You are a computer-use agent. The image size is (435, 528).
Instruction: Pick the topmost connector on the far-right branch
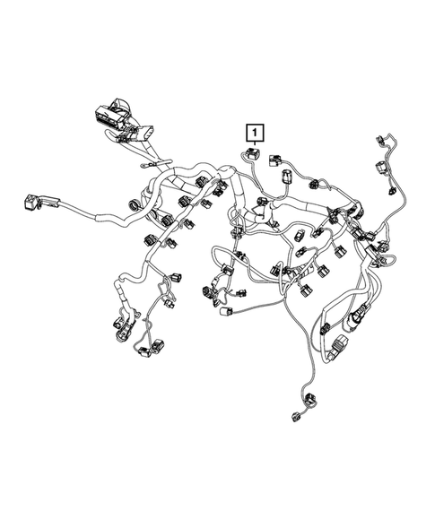tap(380, 142)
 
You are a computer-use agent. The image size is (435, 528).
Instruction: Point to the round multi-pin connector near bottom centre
tap(210, 292)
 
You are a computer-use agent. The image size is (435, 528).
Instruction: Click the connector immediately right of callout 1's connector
tap(270, 163)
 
